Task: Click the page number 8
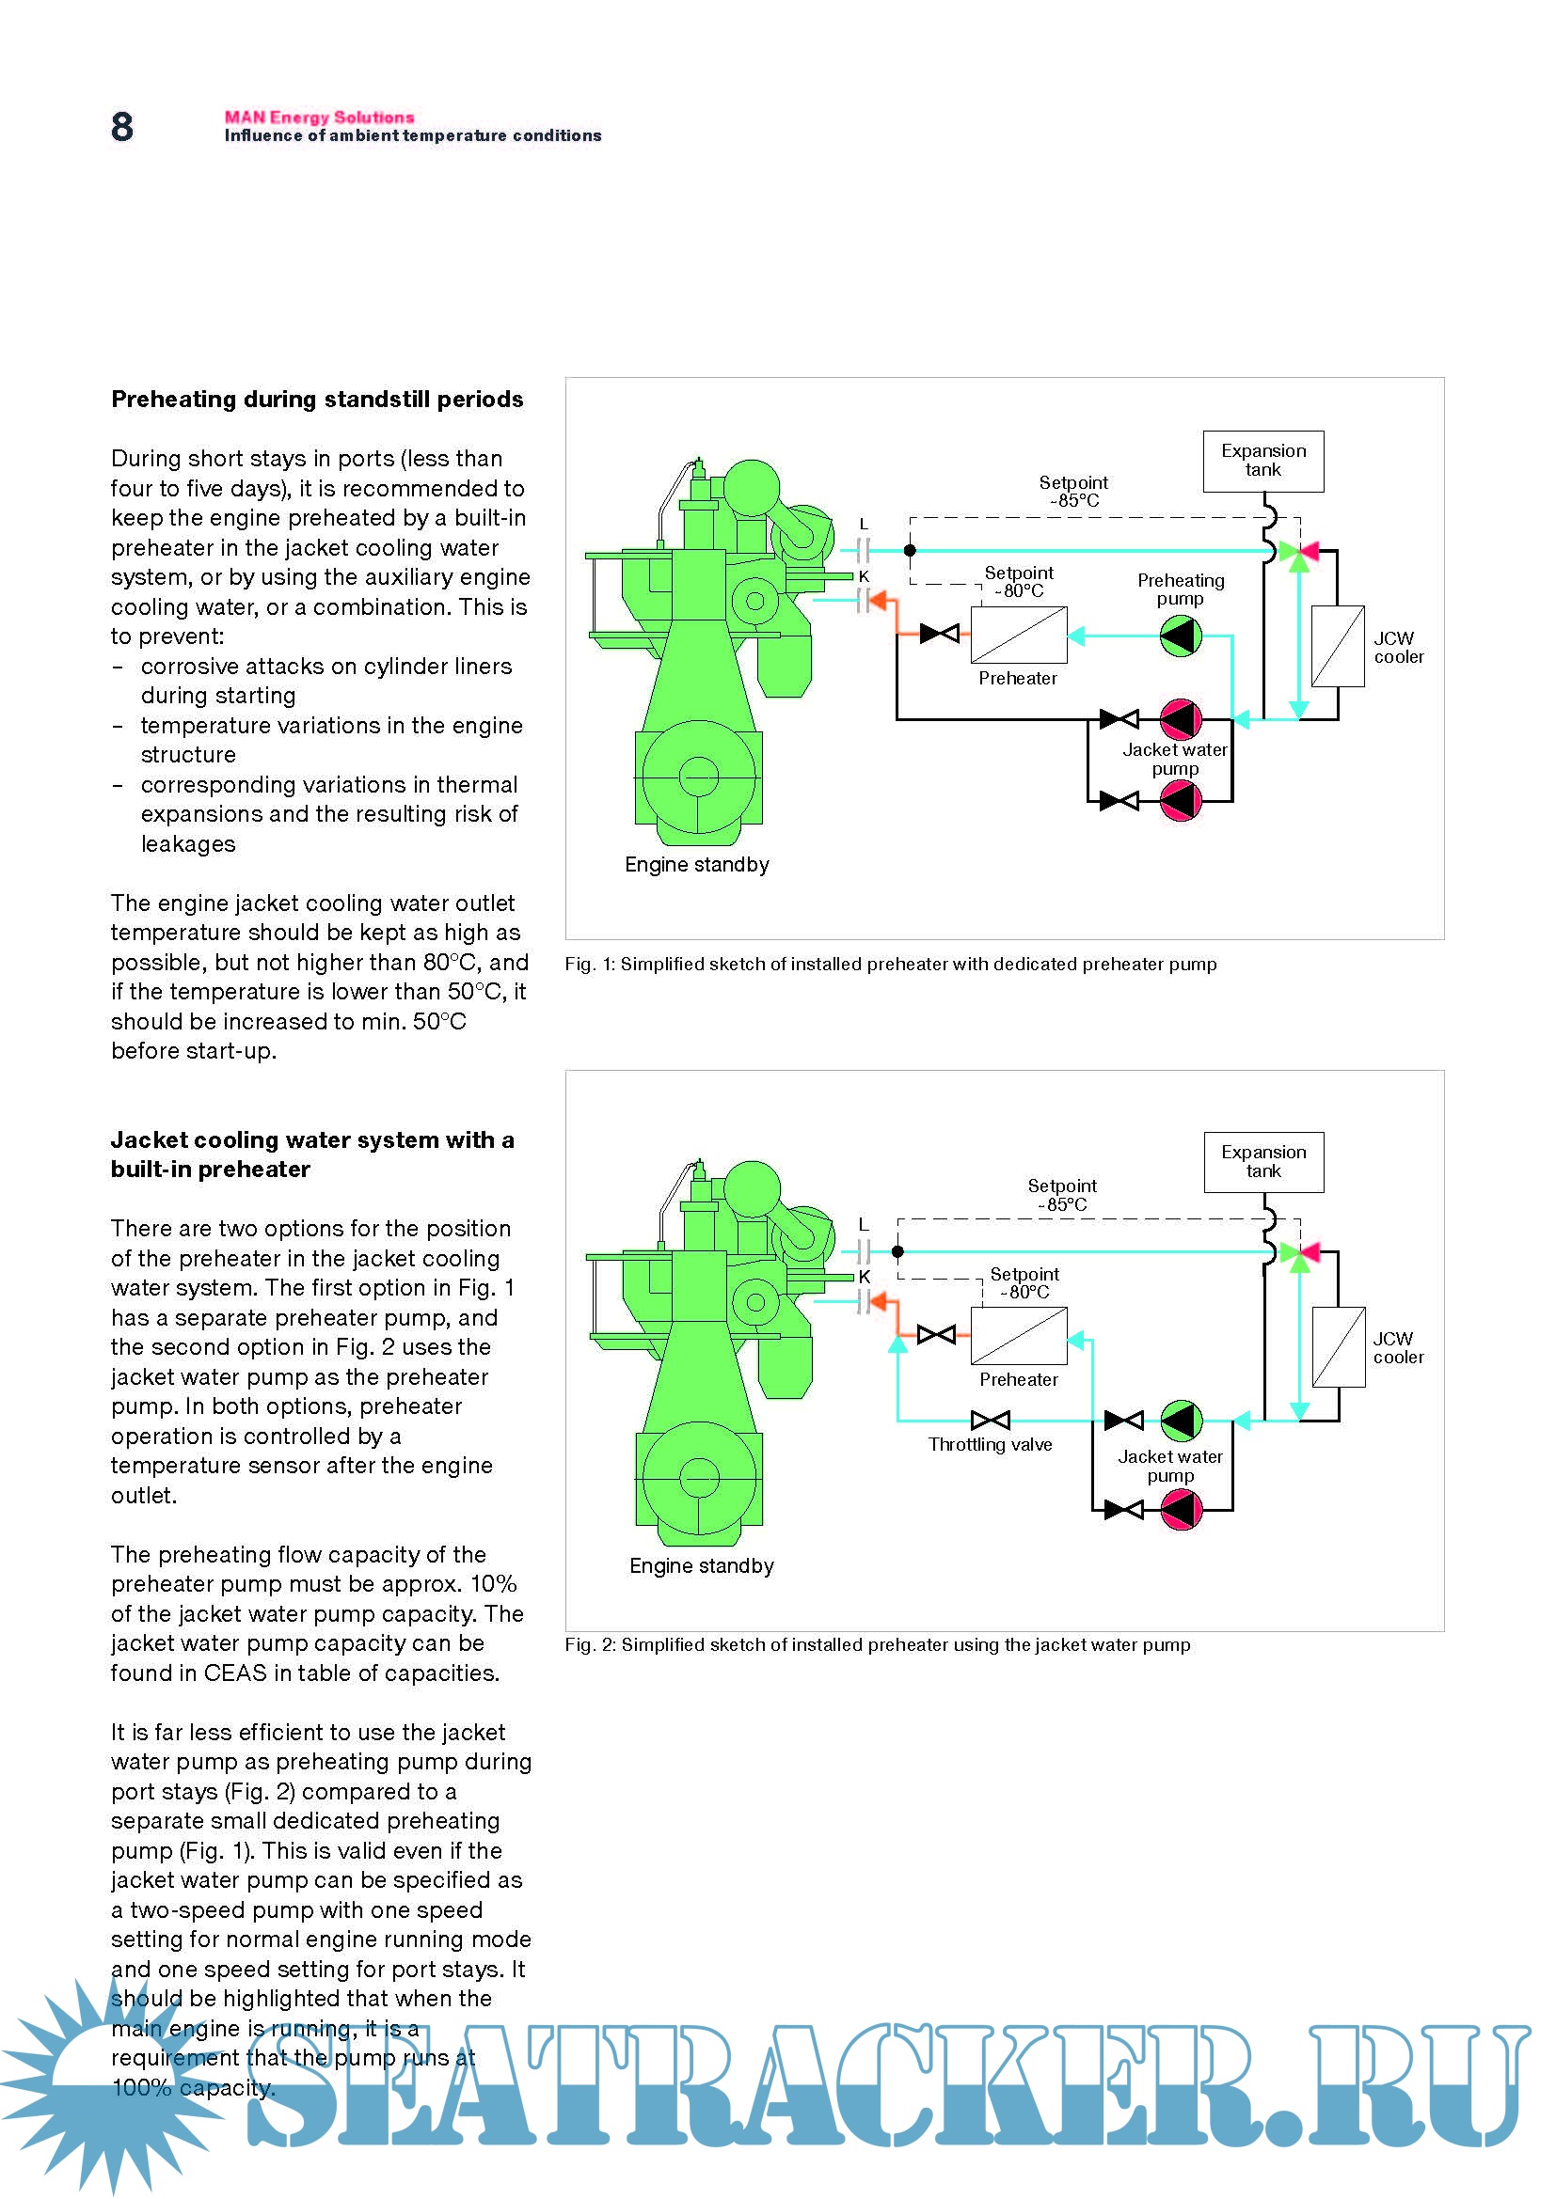click(x=121, y=127)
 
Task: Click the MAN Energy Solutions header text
click(x=319, y=117)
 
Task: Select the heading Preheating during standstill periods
click(x=317, y=400)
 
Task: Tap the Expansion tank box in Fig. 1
click(x=1262, y=461)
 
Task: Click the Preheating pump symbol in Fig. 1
click(x=1181, y=636)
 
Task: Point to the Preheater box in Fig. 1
click(x=1019, y=634)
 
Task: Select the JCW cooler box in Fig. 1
click(x=1338, y=647)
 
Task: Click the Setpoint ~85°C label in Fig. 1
click(x=1073, y=492)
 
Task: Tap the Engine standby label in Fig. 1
click(x=696, y=865)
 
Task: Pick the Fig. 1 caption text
click(x=890, y=965)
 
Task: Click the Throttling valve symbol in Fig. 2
click(x=990, y=1421)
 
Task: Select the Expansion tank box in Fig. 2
click(x=1262, y=1162)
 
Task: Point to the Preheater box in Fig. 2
click(x=1019, y=1336)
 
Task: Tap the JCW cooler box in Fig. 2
click(x=1338, y=1347)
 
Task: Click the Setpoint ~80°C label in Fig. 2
click(x=1024, y=1283)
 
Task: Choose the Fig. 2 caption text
click(x=877, y=1645)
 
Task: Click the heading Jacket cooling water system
click(x=312, y=1154)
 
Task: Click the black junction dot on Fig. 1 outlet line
click(x=911, y=551)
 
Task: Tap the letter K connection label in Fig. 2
click(x=864, y=1278)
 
